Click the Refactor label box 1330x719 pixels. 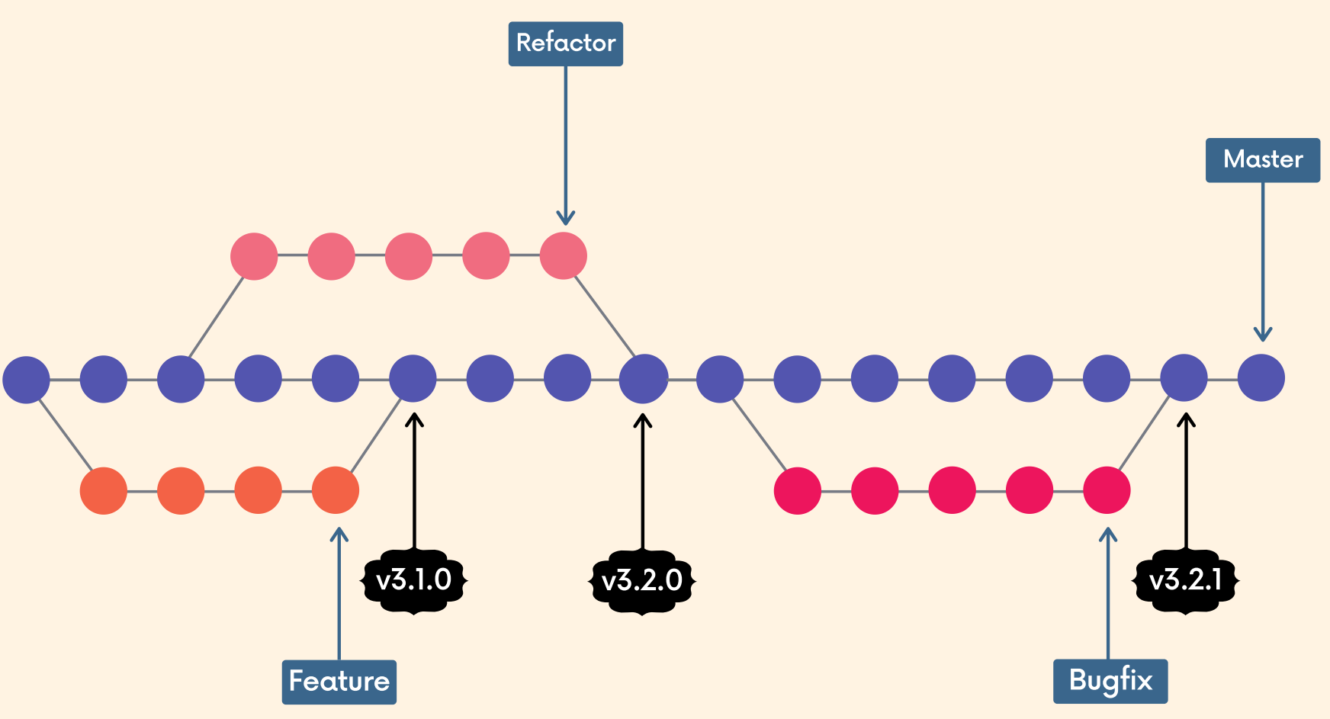pos(565,43)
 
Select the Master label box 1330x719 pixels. pos(1262,160)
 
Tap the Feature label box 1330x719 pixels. pos(339,682)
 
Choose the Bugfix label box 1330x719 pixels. pos(1110,681)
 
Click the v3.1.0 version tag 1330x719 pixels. pos(413,581)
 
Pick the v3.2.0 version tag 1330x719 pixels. pos(642,581)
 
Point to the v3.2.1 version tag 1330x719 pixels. pos(1185,581)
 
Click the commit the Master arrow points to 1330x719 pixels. pos(1261,378)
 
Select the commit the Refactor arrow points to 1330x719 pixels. pos(563,256)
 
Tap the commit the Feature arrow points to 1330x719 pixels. pos(336,490)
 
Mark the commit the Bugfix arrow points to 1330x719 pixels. pos(1107,490)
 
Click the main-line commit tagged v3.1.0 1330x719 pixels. pos(413,378)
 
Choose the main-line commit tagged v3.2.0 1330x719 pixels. pos(643,378)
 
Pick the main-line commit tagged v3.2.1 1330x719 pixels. pos(1184,378)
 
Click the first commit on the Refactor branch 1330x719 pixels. pos(254,256)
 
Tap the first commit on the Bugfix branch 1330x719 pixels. pos(797,490)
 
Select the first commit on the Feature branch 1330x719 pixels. pos(104,490)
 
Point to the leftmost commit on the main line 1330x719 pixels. pos(26,379)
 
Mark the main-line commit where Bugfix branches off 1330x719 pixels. pos(720,378)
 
